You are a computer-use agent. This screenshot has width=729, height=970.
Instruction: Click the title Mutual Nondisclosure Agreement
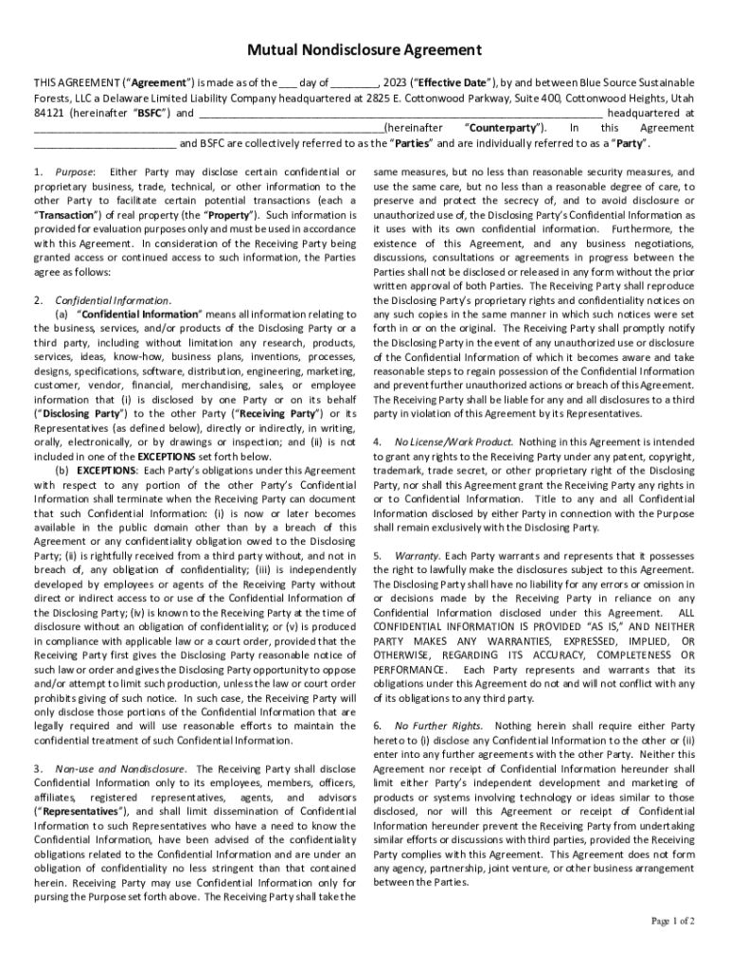pyautogui.click(x=364, y=49)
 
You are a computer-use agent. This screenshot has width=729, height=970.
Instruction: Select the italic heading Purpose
pyautogui.click(x=75, y=172)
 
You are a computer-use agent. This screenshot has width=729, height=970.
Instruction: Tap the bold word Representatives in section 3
pyautogui.click(x=78, y=812)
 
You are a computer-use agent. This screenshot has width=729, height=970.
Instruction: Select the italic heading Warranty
pyautogui.click(x=416, y=554)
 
